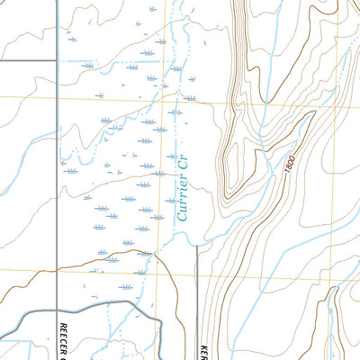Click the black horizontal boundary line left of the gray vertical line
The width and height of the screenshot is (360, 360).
(27, 61)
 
